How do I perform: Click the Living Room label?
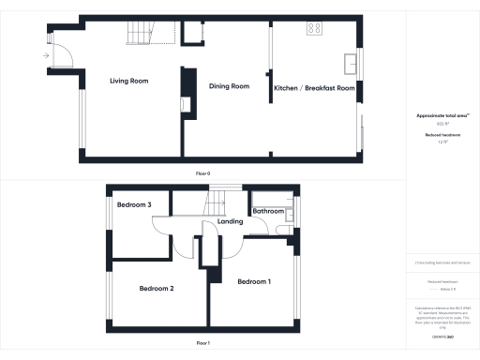click(x=128, y=82)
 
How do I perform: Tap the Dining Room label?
click(x=229, y=86)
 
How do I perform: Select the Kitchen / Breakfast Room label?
click(x=314, y=88)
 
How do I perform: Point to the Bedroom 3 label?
click(x=133, y=203)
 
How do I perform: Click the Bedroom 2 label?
click(x=157, y=288)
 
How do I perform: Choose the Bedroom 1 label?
click(x=254, y=282)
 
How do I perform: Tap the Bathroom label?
click(x=269, y=212)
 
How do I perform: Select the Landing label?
click(x=230, y=222)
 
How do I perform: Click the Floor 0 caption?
click(x=202, y=174)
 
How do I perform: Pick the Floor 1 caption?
click(x=202, y=344)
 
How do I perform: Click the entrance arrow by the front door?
click(x=44, y=55)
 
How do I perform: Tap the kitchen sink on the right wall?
click(x=350, y=65)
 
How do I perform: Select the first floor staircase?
click(x=218, y=202)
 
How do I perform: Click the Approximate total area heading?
click(x=442, y=115)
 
